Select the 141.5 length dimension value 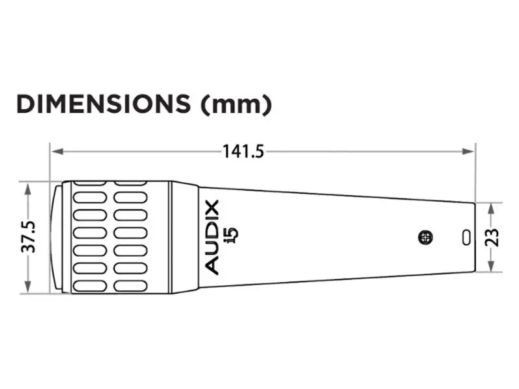243,151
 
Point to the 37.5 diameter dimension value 29,237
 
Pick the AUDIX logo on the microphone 212,237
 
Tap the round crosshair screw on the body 426,237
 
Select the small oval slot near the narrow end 465,237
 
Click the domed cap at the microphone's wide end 56,237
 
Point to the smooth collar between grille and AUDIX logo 185,237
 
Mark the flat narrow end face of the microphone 474,237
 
